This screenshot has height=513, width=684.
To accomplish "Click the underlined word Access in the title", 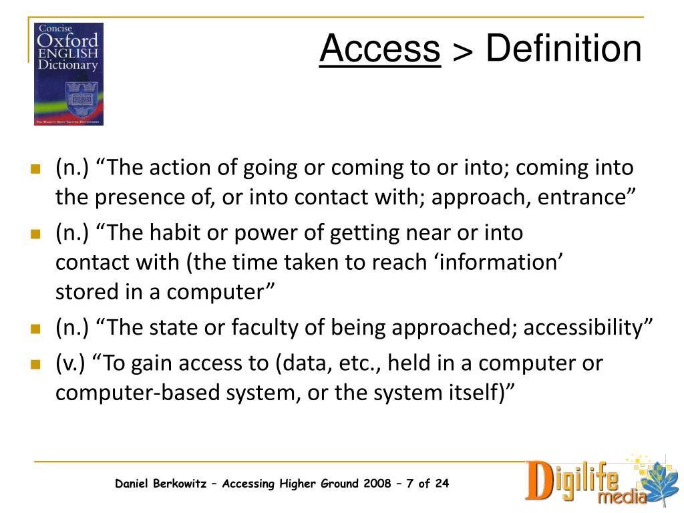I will click(x=379, y=49).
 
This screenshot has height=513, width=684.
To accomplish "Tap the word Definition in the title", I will click(x=563, y=49).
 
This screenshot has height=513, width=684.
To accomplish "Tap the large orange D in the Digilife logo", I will click(x=540, y=480).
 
